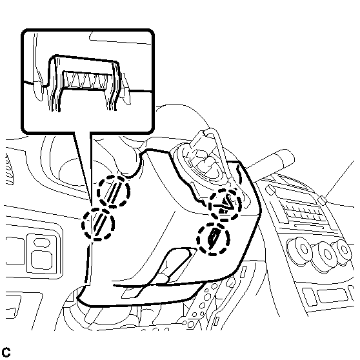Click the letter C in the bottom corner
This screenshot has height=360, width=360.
point(6,352)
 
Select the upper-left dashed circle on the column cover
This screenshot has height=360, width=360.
point(113,192)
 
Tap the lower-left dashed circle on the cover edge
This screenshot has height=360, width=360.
point(98,224)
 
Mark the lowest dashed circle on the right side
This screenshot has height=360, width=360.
point(213,239)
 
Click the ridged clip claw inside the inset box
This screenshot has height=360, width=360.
point(85,80)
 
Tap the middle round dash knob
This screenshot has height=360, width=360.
point(326,255)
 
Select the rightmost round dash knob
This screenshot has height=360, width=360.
point(343,251)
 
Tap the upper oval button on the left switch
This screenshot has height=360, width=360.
point(41,243)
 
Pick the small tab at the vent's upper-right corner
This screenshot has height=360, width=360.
point(323,200)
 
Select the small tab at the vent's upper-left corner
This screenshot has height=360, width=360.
point(270,189)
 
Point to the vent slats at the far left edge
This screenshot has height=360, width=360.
point(9,169)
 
